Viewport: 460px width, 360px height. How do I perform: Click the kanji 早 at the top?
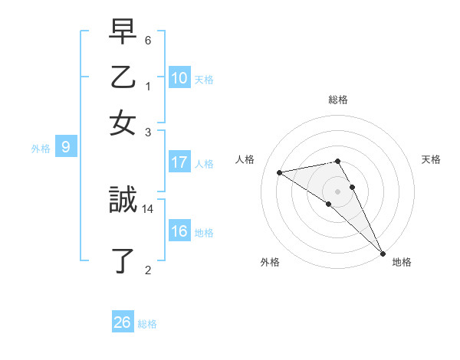[123, 33]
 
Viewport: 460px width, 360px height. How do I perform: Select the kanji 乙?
[123, 78]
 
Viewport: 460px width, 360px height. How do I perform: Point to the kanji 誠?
[123, 201]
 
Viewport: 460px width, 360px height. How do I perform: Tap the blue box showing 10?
[179, 78]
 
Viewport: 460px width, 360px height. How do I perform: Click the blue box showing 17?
[179, 162]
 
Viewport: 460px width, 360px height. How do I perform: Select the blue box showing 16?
[179, 231]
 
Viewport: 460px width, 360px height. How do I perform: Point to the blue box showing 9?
[66, 148]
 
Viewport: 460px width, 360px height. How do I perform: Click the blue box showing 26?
[123, 322]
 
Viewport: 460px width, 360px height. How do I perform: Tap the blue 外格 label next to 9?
[41, 149]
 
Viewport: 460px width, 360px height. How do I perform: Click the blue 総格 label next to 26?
[147, 324]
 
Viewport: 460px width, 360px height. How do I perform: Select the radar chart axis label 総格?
[338, 100]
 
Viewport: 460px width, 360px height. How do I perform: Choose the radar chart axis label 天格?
[431, 159]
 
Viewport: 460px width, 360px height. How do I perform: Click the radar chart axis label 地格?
[402, 262]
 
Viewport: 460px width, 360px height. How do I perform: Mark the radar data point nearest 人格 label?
[280, 172]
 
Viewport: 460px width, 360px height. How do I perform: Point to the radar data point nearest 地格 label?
[383, 253]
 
